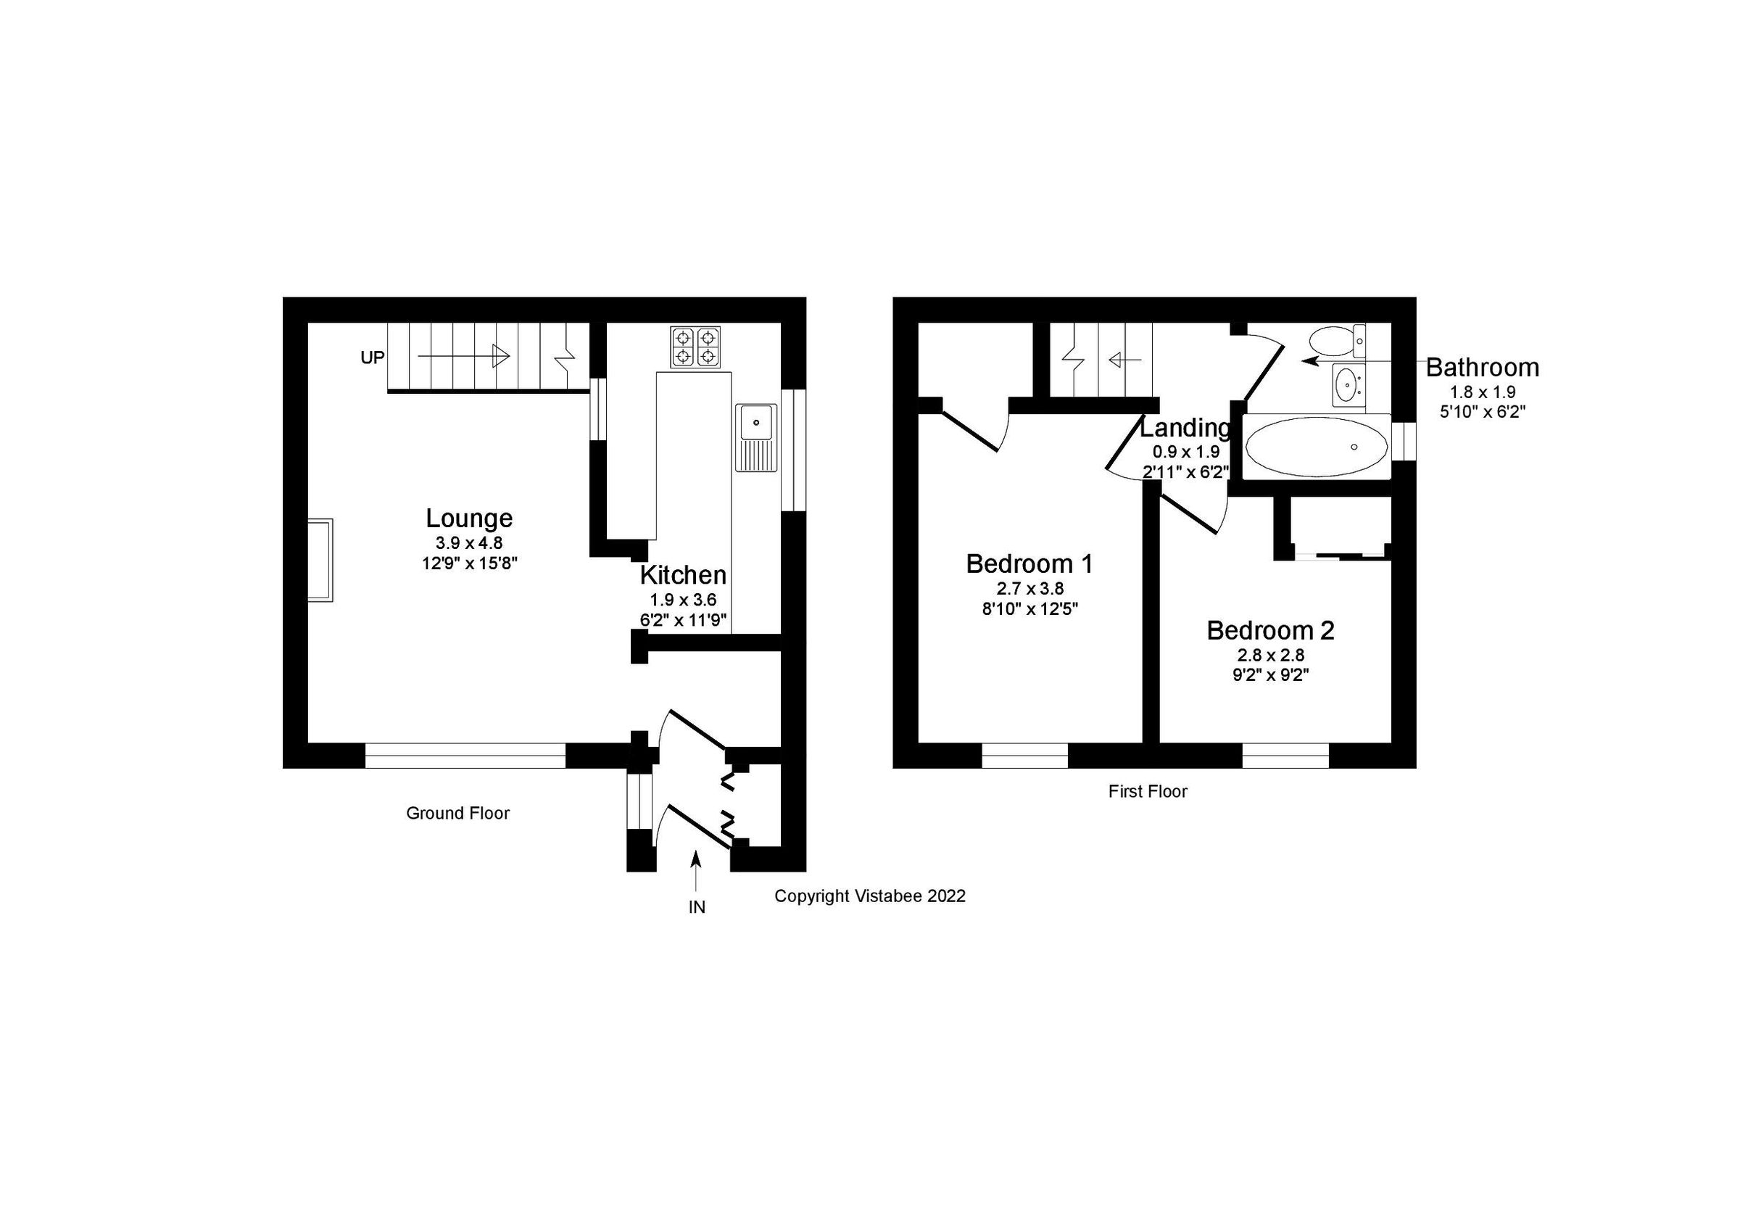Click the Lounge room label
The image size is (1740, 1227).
[469, 519]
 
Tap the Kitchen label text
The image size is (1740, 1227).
[683, 575]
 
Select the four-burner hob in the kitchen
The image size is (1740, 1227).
[695, 347]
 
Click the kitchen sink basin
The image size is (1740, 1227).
[756, 422]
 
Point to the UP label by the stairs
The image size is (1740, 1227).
[372, 358]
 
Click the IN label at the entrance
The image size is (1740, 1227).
[697, 907]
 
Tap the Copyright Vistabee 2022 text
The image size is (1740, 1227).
[869, 896]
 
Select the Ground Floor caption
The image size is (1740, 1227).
[457, 813]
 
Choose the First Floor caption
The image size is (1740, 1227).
[1148, 791]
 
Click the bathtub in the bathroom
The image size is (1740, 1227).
[1317, 447]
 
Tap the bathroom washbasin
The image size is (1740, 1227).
[1346, 384]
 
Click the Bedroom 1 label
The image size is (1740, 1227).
[1029, 564]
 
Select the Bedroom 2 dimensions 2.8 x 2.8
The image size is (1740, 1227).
[1271, 655]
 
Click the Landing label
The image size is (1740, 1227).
[1185, 428]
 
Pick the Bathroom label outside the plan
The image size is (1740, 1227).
[1482, 368]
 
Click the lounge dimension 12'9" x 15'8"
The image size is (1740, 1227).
[469, 563]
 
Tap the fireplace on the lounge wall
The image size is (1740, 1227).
[320, 560]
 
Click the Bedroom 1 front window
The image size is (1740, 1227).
[1024, 756]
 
